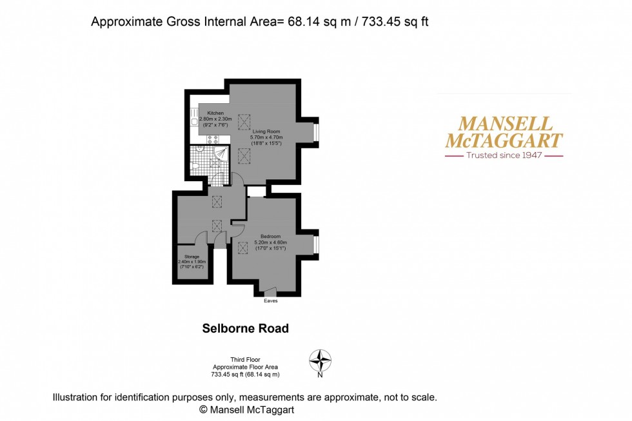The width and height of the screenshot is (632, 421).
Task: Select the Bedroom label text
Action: click(x=271, y=236)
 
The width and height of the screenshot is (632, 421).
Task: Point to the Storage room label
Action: click(x=192, y=257)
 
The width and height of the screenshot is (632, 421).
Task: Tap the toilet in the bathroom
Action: click(x=195, y=166)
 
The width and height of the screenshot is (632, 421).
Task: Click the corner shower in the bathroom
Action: click(x=221, y=153)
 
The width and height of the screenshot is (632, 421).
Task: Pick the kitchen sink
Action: click(x=194, y=120)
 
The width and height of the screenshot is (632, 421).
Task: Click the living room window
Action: click(x=316, y=133)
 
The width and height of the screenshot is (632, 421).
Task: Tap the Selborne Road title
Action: click(x=246, y=328)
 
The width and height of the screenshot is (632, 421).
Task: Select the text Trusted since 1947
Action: click(x=504, y=155)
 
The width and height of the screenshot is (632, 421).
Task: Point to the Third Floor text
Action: click(x=245, y=360)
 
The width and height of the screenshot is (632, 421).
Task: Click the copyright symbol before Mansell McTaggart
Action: click(x=202, y=409)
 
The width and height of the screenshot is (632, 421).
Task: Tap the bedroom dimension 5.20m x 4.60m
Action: click(x=271, y=242)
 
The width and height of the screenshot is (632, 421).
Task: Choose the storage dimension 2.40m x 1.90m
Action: click(x=192, y=262)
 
